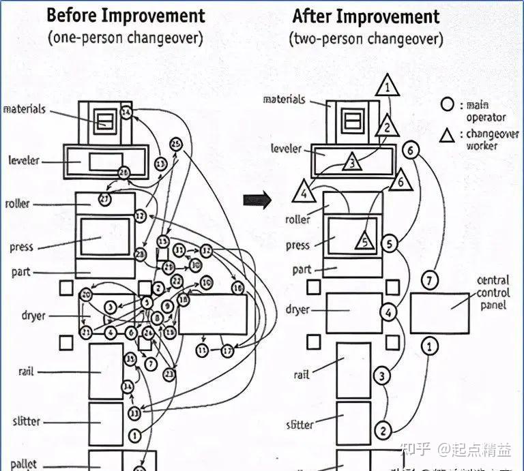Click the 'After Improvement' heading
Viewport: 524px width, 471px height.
(366, 16)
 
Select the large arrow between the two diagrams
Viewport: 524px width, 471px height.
(258, 200)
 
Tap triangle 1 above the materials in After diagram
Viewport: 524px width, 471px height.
(387, 87)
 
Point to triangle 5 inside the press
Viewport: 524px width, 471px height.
(364, 241)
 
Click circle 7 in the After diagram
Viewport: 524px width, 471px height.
(428, 280)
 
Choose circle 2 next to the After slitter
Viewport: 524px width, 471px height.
(383, 430)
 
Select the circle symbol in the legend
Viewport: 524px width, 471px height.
(447, 104)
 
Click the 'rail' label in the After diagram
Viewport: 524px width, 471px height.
(302, 375)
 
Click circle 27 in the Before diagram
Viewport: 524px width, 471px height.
(104, 199)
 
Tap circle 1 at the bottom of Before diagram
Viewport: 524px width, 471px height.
(134, 434)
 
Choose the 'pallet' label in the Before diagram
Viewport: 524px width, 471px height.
(24, 465)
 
